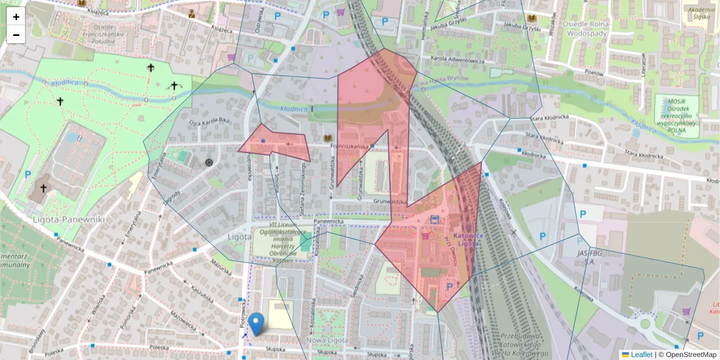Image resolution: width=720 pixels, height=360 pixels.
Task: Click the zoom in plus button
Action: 16,17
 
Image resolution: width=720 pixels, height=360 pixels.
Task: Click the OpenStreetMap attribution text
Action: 687,355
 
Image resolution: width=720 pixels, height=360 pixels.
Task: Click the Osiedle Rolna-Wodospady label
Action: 586,28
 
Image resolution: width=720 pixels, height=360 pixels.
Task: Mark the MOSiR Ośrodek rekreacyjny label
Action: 676,114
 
